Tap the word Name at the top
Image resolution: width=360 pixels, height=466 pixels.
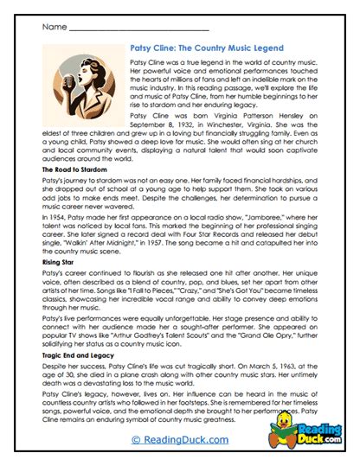pyautogui.click(x=52, y=27)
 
